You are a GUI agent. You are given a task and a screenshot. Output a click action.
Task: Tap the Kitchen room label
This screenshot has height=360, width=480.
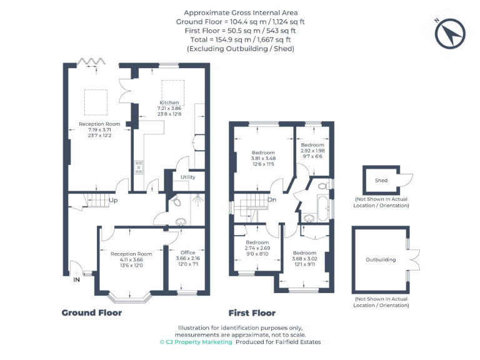click(169, 102)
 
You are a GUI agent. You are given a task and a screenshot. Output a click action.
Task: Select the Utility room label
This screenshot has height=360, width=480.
click(187, 177)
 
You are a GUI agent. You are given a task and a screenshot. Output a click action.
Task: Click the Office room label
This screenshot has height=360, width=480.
click(188, 252)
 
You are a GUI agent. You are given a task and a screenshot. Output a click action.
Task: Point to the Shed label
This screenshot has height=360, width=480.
click(381, 181)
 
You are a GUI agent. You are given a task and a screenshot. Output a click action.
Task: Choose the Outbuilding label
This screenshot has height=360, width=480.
click(381, 259)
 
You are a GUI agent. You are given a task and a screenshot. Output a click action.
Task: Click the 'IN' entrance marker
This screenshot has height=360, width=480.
click(77, 281)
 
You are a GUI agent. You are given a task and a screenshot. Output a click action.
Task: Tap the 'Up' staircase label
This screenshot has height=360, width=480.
click(114, 201)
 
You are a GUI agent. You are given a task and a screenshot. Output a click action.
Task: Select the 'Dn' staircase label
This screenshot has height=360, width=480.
click(272, 200)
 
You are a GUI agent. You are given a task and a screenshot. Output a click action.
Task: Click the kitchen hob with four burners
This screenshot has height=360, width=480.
click(139, 167)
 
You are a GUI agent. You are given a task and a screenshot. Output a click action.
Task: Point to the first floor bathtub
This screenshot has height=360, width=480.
click(322, 207)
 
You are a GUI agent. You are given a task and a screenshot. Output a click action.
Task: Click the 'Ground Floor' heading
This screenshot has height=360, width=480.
click(91, 312)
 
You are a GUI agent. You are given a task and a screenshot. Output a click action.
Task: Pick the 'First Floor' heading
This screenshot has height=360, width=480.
click(252, 312)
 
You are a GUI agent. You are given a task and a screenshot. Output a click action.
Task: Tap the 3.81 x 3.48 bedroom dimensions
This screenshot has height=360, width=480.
click(263, 158)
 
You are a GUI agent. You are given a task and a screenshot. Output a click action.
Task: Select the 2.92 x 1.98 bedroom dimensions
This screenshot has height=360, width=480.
click(312, 151)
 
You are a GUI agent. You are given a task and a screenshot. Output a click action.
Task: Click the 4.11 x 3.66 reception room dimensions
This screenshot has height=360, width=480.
click(131, 259)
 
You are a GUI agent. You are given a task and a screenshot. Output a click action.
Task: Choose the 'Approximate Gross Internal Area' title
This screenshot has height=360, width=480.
click(241, 12)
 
